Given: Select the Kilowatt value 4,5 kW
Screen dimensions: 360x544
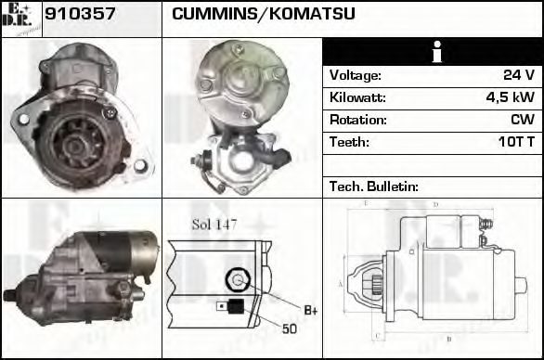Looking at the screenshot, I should pos(510,97).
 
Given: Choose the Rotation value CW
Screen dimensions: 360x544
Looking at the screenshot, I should pos(521,120).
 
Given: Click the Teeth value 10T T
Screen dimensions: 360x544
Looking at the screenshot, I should pos(515,142).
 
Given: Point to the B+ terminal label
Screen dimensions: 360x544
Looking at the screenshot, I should pos(311,309).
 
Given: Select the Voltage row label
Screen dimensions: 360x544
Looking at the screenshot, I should pos(355,75).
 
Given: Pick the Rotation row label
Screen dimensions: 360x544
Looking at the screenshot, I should pos(356,120).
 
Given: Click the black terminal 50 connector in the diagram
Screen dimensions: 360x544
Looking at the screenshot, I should pos(237,306).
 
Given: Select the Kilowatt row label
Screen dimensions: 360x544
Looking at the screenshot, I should pos(357,97).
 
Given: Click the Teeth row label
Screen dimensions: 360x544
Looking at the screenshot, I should pos(349,142).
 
